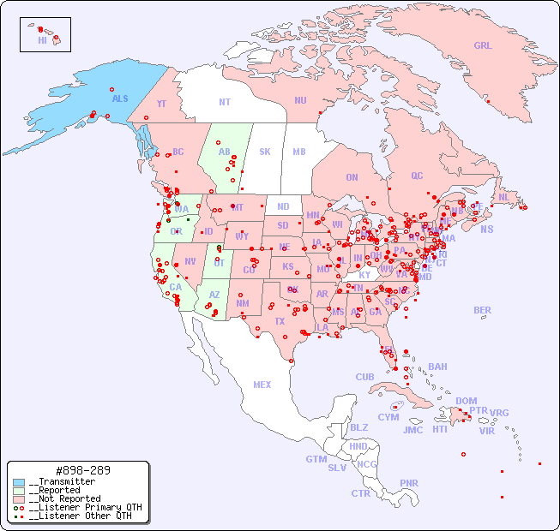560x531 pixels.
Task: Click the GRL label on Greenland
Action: coord(483,46)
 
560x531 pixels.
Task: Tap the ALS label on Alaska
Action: coord(120,98)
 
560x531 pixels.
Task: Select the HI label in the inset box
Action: coord(42,40)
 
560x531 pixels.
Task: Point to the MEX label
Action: coord(262,385)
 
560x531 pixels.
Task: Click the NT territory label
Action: coord(225,102)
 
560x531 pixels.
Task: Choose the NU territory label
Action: coord(300,100)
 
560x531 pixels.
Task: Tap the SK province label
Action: coord(265,152)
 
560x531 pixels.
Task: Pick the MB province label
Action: coord(298,152)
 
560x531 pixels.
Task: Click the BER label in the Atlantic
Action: coord(482,310)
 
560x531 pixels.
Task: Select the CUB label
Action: coord(364,377)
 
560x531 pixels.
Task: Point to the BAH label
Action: coord(437,367)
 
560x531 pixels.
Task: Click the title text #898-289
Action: coord(81,470)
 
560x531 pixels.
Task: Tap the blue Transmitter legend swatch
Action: coord(19,482)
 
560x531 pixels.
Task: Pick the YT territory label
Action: coord(161,104)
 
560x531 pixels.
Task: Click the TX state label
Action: coord(280,321)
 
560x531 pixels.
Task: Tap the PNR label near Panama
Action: coord(409,483)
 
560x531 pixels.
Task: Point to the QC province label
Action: coord(417,176)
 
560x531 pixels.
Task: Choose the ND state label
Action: coord(283,206)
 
